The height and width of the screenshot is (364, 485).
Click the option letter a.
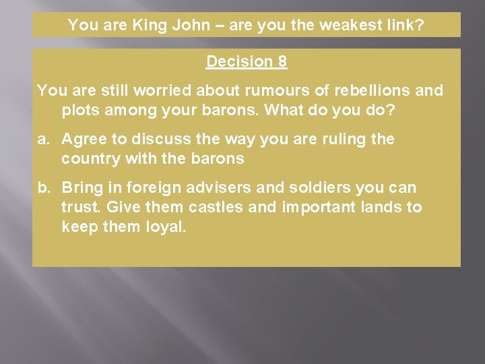(x=43, y=140)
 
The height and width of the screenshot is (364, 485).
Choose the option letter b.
(x=43, y=188)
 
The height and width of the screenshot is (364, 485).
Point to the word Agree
(x=84, y=140)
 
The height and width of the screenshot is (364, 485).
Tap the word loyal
(x=165, y=226)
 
